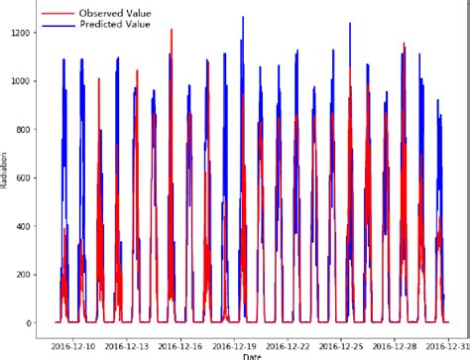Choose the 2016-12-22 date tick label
(x=308, y=345)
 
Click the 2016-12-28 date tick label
(x=421, y=345)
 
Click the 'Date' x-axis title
(x=253, y=355)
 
